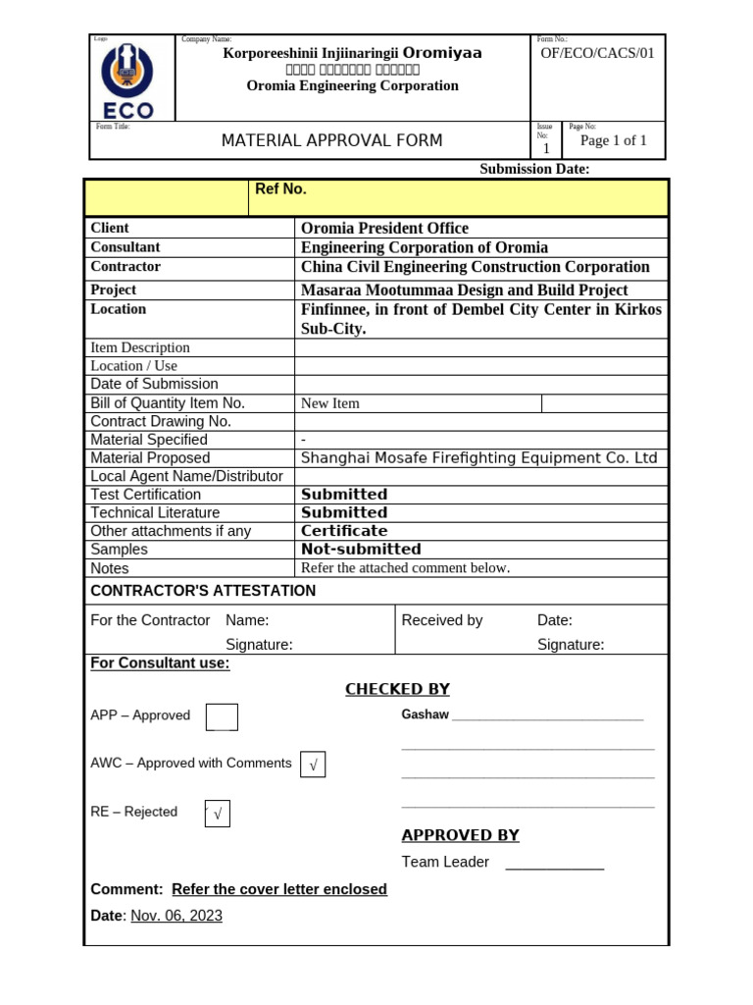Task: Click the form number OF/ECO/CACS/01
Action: click(x=597, y=53)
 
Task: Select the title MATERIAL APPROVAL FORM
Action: click(x=331, y=140)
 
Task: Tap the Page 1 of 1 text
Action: click(x=614, y=140)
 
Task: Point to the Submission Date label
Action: click(x=534, y=169)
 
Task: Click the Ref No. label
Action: click(x=280, y=189)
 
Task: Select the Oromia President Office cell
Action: click(x=384, y=228)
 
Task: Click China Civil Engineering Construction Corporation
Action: click(x=475, y=267)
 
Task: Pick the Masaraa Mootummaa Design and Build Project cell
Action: click(x=464, y=290)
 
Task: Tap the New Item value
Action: click(x=330, y=403)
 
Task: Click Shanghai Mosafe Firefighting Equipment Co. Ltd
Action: click(x=478, y=458)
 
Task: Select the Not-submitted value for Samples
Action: click(x=361, y=550)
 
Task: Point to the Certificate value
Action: click(x=344, y=531)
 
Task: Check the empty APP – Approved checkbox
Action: click(x=222, y=717)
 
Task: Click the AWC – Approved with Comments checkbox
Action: click(x=313, y=765)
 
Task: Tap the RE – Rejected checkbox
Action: click(x=217, y=814)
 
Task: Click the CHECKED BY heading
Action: click(x=397, y=689)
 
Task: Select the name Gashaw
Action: click(x=425, y=714)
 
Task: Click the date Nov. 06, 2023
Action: click(x=176, y=916)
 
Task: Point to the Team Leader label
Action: click(x=445, y=862)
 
